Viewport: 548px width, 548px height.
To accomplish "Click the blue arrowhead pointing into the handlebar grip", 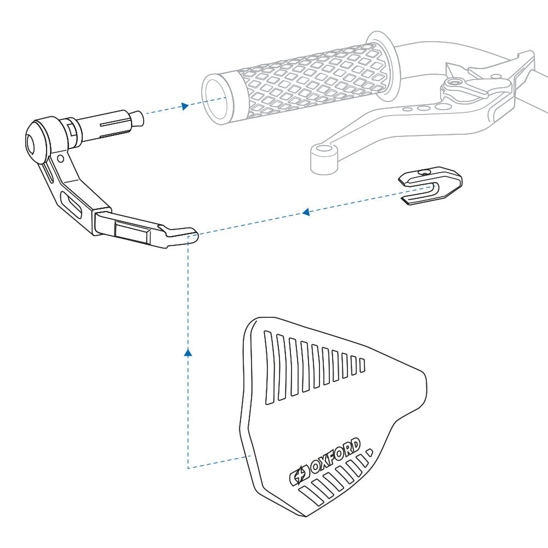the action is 185,106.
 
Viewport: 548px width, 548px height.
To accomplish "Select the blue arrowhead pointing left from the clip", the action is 306,212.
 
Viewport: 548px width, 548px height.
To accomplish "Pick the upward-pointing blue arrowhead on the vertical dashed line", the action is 188,352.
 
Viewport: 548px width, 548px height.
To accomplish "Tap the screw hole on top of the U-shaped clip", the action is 425,173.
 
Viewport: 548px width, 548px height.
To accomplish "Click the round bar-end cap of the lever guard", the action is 38,141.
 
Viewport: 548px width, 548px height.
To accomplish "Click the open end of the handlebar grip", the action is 216,100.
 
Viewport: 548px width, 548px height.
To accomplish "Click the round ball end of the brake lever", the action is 324,159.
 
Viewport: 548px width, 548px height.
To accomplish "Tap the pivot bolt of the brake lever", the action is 455,83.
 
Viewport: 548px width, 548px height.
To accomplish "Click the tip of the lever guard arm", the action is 194,235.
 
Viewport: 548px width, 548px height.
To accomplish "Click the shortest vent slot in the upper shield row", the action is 362,365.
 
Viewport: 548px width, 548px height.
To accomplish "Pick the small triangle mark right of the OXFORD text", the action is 369,452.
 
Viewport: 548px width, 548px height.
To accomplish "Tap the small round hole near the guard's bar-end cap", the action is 60,159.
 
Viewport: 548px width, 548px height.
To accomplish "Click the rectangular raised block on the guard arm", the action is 133,231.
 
